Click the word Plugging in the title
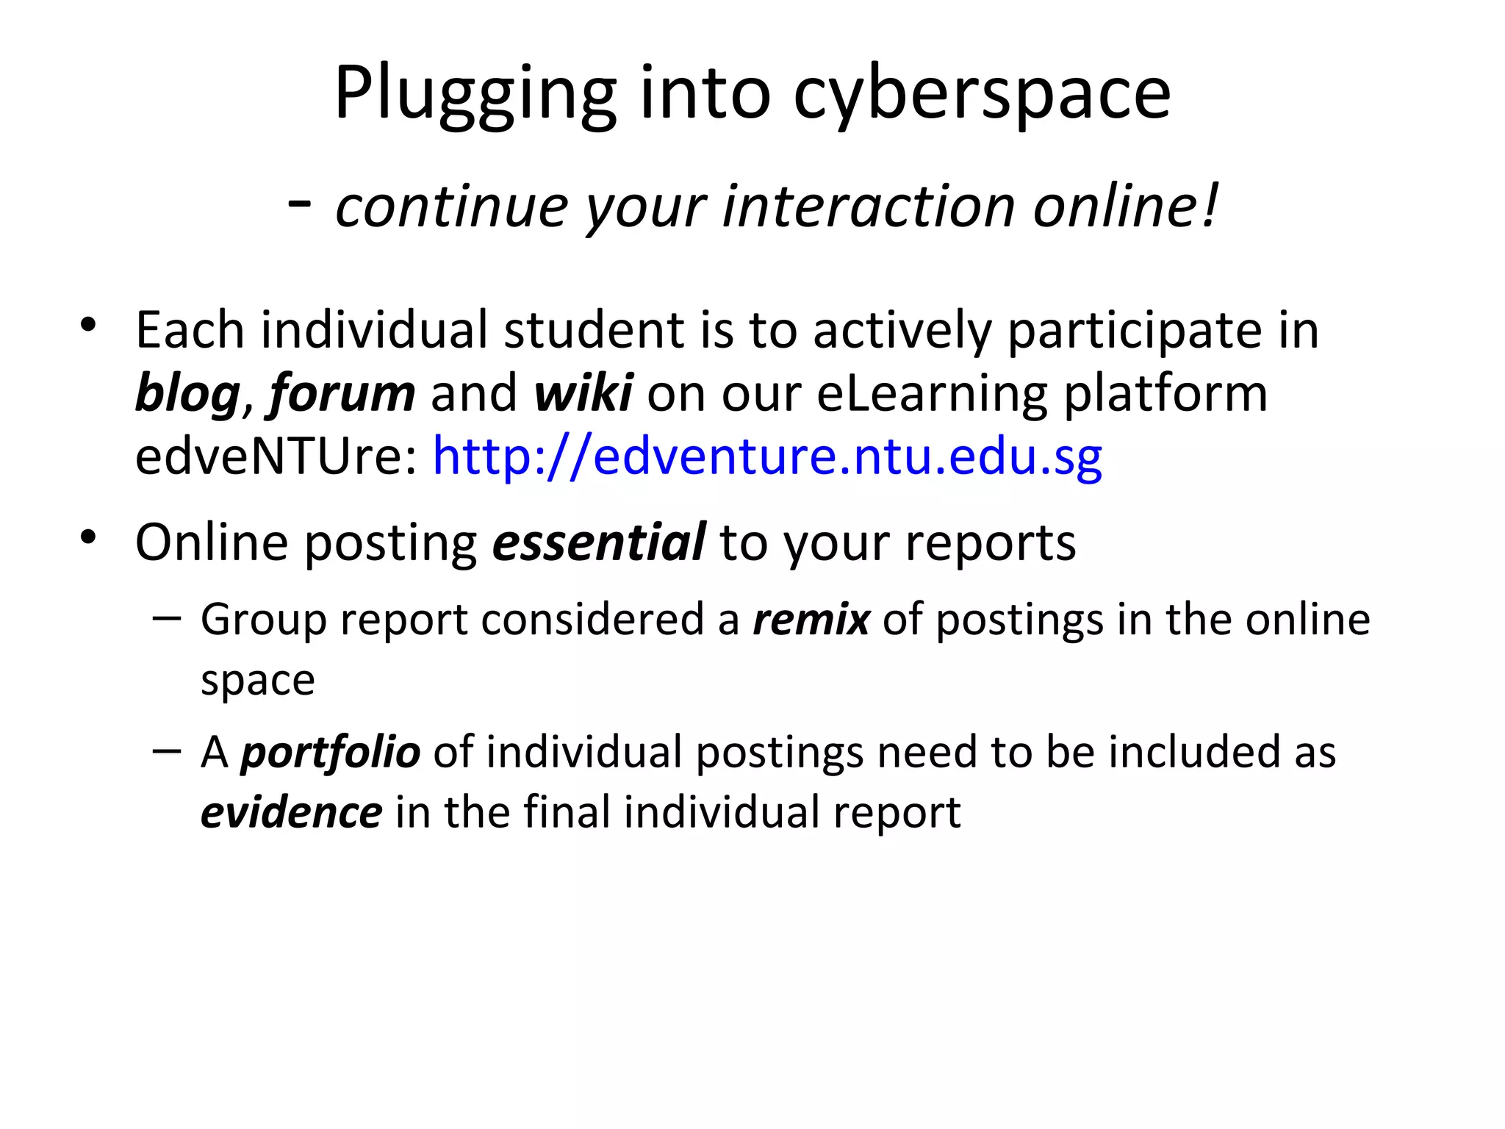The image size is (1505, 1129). pyautogui.click(x=475, y=94)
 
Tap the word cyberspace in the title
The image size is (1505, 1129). pyautogui.click(x=982, y=94)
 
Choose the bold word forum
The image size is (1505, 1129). pyautogui.click(x=342, y=394)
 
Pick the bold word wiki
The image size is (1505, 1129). pyautogui.click(x=583, y=393)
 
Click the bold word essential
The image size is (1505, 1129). pyautogui.click(x=599, y=542)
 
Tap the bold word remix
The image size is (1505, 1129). pyautogui.click(x=811, y=619)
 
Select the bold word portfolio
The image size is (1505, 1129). pyautogui.click(x=331, y=753)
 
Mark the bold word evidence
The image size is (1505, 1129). pyautogui.click(x=291, y=813)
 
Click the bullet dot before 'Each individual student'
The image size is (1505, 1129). pyautogui.click(x=89, y=325)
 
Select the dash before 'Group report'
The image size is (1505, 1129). pyautogui.click(x=168, y=618)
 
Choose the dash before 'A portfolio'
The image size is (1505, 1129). pyautogui.click(x=168, y=750)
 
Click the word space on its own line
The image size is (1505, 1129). pyautogui.click(x=258, y=681)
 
